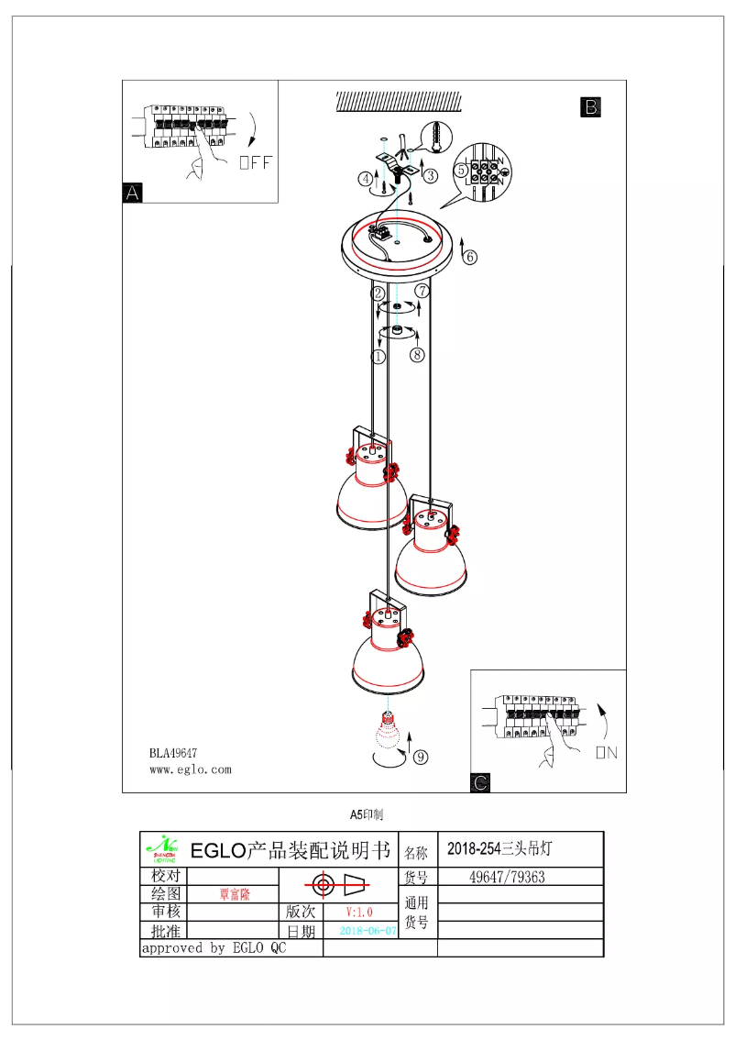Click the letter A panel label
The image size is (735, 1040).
point(133,193)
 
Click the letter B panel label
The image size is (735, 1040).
point(591,107)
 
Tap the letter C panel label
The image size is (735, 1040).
point(480,782)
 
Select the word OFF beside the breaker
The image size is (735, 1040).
point(256,163)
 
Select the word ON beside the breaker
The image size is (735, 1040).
point(606,752)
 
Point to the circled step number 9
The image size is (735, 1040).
point(420,757)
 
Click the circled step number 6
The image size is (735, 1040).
point(469,257)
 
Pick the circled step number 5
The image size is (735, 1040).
point(462,170)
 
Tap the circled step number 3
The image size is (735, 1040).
point(430,173)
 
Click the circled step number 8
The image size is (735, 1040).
point(417,354)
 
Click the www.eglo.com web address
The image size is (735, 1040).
point(190,770)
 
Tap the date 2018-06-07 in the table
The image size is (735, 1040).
point(368,930)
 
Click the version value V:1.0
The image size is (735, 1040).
point(359,912)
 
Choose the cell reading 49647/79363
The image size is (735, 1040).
point(507,877)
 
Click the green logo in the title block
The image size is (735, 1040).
point(162,849)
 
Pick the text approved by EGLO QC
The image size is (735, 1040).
point(213,948)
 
